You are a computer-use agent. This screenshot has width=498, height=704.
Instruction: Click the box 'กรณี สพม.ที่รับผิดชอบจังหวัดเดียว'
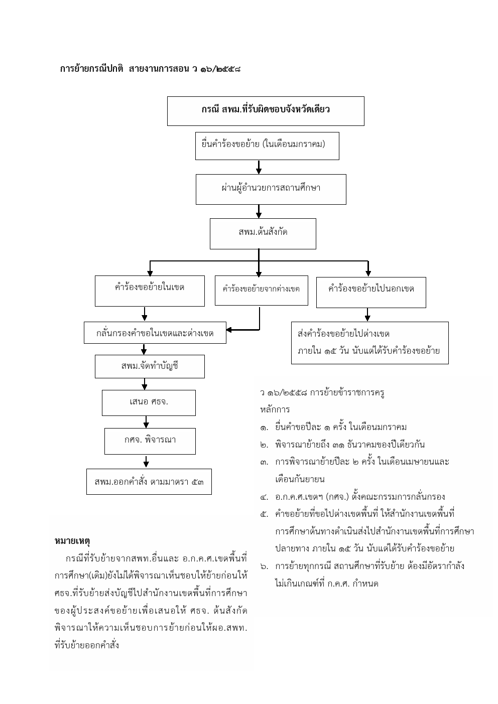(x=266, y=111)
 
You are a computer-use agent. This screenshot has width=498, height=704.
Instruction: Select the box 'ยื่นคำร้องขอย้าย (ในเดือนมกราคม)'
(x=267, y=146)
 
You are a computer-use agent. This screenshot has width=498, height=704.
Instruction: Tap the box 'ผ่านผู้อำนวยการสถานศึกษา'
(x=271, y=189)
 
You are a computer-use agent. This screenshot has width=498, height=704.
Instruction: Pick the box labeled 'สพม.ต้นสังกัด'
(x=263, y=234)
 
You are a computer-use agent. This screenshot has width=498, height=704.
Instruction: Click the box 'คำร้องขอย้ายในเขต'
(x=150, y=291)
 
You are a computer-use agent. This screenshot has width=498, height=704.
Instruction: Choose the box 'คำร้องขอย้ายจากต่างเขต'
(x=261, y=291)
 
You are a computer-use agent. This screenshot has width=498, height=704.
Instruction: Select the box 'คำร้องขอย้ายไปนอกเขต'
(x=371, y=292)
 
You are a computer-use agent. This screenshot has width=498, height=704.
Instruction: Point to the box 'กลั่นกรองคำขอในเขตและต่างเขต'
(x=155, y=333)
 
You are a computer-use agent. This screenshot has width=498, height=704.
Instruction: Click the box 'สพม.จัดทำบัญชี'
(x=150, y=366)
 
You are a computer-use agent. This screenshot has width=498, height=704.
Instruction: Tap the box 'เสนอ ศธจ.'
(x=149, y=402)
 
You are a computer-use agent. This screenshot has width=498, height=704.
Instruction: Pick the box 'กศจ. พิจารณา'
(x=150, y=441)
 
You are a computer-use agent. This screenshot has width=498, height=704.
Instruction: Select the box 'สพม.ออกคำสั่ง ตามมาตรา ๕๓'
(x=149, y=482)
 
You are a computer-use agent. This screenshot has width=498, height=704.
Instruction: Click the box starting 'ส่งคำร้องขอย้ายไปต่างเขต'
(x=369, y=343)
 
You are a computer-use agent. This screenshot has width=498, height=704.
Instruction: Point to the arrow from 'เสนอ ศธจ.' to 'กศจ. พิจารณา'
(x=146, y=422)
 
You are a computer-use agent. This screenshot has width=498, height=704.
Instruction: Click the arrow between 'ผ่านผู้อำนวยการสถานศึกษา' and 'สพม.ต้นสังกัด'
(x=259, y=212)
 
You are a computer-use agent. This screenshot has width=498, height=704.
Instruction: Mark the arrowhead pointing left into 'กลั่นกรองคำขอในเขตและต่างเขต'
(x=229, y=330)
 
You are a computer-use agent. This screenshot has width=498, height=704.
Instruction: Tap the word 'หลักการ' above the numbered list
(x=275, y=409)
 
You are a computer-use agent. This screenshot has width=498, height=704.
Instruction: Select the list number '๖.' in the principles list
(x=264, y=567)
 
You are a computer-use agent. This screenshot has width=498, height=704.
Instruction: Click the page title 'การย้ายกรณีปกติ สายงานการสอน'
(x=124, y=69)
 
